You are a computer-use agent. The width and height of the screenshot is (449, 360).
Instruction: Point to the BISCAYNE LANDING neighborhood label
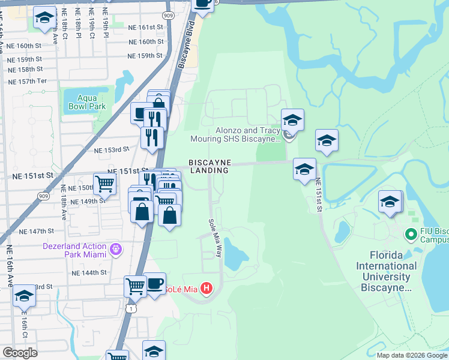tap(209, 166)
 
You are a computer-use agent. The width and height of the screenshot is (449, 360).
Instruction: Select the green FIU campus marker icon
tap(411, 233)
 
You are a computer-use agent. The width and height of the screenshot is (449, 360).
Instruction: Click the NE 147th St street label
tap(37, 231)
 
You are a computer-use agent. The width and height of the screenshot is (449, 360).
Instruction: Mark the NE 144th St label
tap(89, 272)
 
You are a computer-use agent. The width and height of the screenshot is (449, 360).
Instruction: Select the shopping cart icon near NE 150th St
tap(105, 184)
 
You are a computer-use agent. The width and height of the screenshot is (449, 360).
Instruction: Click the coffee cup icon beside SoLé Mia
tap(154, 283)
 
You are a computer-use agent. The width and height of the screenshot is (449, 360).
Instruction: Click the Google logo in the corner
tap(20, 353)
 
